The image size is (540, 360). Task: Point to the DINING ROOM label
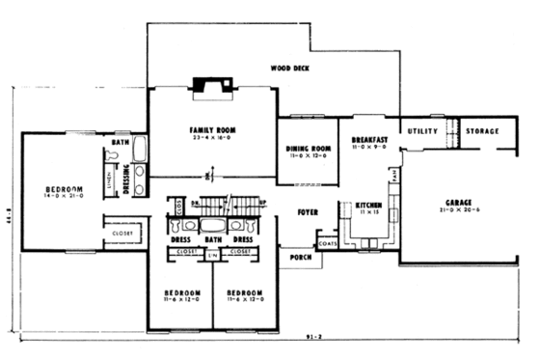pos(309,149)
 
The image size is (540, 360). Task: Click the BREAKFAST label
pos(369,139)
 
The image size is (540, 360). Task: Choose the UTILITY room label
pos(422,130)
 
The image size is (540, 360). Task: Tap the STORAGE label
pos(482,130)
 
